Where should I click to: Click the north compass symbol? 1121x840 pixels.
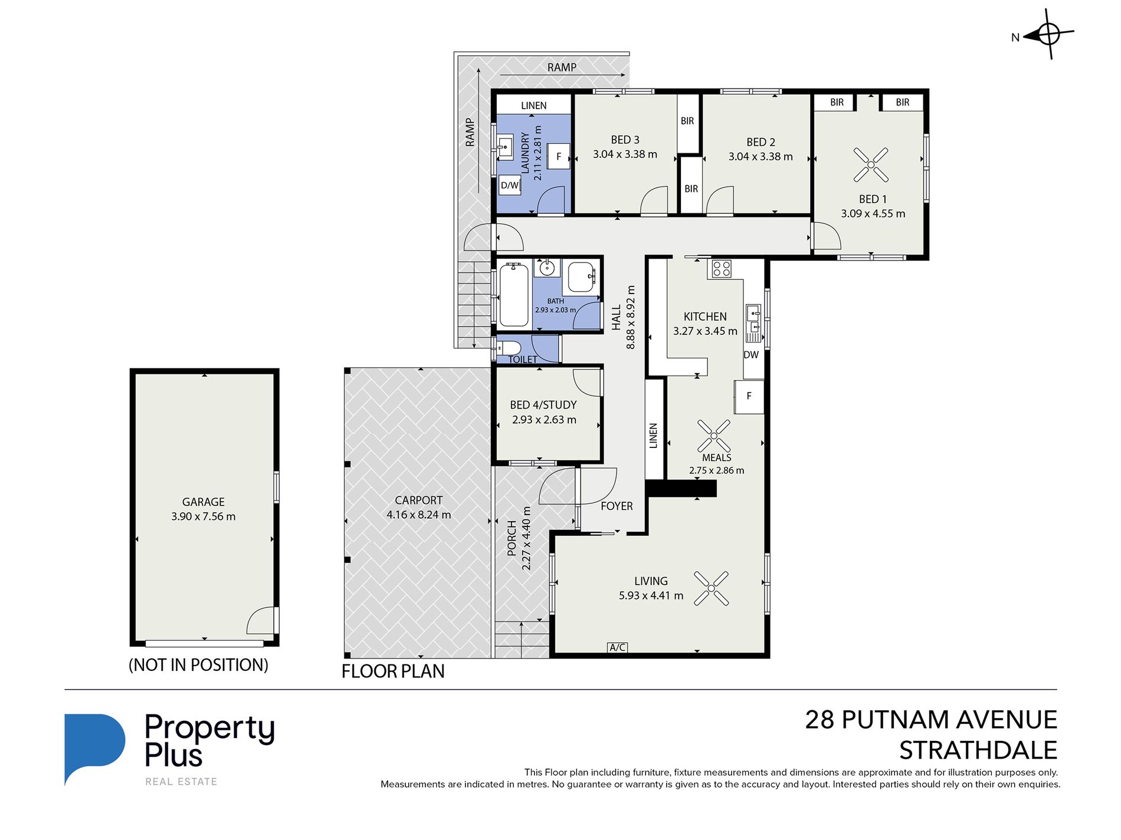1048,34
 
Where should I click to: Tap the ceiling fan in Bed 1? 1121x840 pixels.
871,164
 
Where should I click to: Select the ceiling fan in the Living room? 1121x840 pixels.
711,588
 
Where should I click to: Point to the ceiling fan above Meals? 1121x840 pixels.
714,436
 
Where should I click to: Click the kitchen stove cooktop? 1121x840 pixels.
722,269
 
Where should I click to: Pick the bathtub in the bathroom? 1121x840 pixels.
514,295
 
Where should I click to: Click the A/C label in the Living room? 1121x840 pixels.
617,647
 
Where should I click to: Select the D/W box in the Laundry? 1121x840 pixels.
510,185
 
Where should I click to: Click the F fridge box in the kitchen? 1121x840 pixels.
749,396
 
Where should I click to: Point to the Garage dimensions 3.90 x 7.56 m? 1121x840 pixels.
204,516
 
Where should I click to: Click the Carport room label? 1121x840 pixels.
418,500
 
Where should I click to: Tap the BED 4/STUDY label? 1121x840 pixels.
543,405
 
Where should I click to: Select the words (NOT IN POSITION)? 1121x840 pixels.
198,665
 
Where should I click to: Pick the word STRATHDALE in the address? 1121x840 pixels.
978,750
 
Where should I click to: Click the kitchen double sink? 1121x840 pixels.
753,323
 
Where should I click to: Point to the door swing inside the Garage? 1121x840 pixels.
261,620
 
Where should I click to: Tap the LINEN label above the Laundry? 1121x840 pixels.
534,106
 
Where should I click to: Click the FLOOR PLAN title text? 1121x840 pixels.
393,671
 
